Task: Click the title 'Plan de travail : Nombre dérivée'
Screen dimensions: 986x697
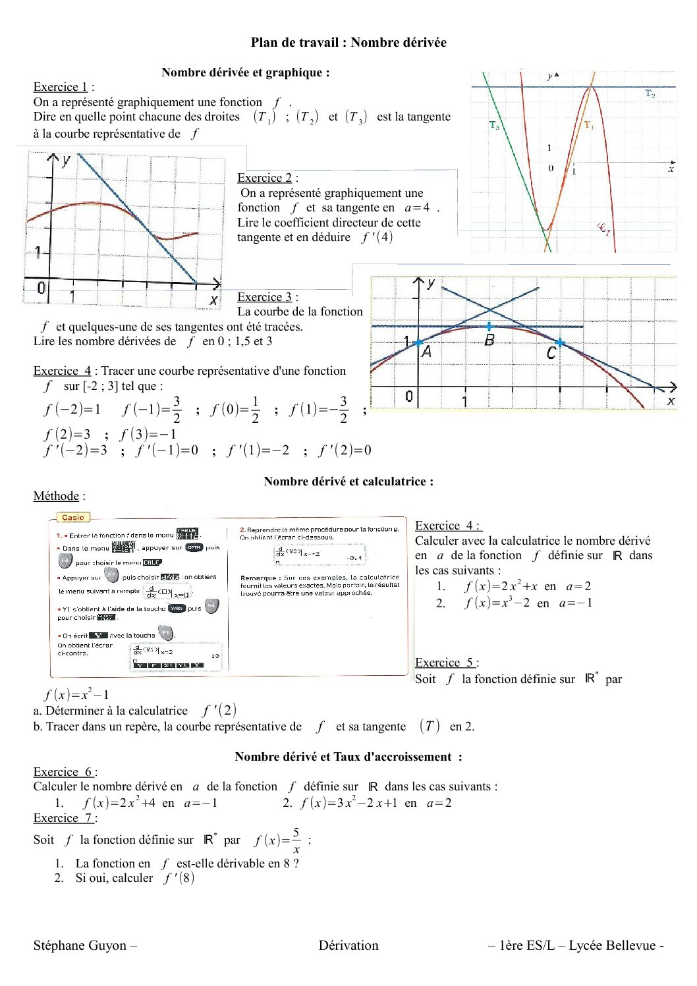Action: [x=348, y=43]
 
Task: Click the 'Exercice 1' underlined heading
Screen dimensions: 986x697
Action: [x=60, y=87]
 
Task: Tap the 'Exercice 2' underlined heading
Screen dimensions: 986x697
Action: [x=264, y=178]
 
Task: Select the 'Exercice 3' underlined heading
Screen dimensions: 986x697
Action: [x=264, y=297]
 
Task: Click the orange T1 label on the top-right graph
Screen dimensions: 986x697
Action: [x=588, y=125]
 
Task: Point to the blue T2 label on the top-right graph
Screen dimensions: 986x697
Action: [x=650, y=94]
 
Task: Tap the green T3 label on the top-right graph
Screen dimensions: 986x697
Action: [x=494, y=125]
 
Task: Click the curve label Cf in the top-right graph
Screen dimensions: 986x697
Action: [x=603, y=229]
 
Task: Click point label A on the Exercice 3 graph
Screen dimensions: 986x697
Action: [x=426, y=352]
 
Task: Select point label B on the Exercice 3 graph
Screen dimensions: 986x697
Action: [x=489, y=341]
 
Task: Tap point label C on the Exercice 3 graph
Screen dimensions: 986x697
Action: [x=551, y=354]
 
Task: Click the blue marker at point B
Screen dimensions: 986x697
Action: [x=489, y=327]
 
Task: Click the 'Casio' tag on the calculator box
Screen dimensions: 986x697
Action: [x=73, y=518]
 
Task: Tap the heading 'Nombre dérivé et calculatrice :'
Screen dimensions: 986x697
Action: [x=348, y=481]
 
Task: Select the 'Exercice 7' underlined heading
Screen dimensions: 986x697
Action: [x=63, y=818]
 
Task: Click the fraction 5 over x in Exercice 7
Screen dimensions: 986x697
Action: [x=296, y=840]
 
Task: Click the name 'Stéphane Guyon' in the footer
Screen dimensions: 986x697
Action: [x=80, y=946]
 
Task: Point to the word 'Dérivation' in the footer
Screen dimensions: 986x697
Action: [x=348, y=946]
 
